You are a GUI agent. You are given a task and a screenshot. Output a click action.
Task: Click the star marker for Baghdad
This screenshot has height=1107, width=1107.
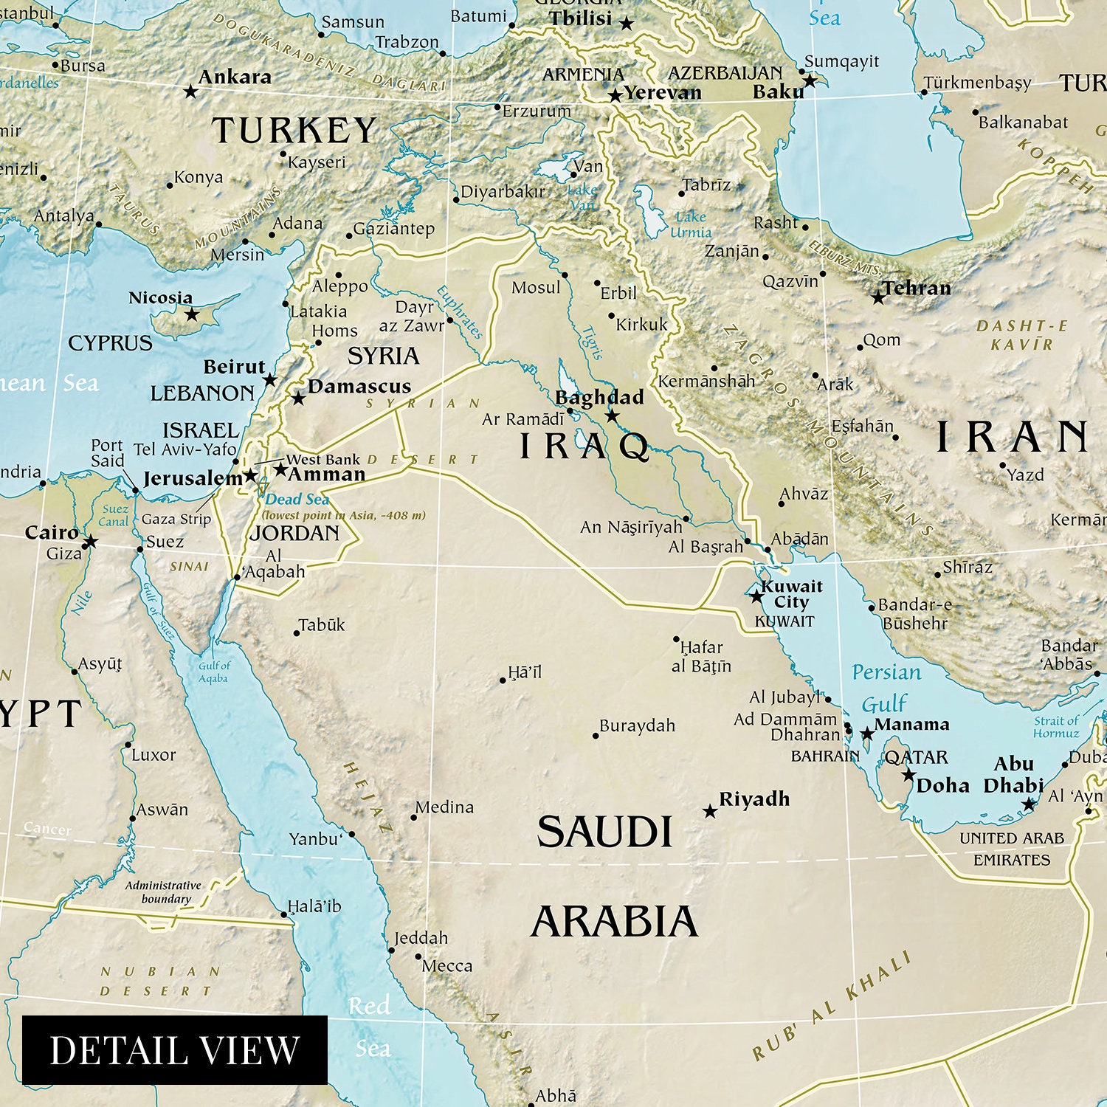pos(612,415)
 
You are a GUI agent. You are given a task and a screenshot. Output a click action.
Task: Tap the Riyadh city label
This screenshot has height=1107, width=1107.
pos(754,799)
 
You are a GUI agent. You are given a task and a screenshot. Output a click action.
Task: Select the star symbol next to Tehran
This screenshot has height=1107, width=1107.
pos(877,298)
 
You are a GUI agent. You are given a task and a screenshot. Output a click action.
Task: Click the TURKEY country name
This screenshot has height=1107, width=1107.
pos(294,131)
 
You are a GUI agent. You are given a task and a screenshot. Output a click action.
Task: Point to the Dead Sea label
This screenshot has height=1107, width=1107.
pos(297,500)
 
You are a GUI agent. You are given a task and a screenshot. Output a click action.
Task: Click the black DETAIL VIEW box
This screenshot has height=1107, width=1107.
pos(175,1049)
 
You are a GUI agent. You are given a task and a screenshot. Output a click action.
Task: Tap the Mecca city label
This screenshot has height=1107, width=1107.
pos(446,965)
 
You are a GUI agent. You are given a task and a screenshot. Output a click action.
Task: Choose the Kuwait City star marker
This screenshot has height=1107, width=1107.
pos(756,596)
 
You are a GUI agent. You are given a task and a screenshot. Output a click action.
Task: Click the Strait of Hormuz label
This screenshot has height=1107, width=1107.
pos(1056,727)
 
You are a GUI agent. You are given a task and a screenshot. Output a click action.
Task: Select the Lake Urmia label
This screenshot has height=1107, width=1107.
pos(691,224)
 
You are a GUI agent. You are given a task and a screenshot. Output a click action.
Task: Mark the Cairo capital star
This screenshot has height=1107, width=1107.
pos(90,542)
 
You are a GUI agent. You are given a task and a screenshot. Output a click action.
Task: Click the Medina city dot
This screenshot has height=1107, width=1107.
pos(413,817)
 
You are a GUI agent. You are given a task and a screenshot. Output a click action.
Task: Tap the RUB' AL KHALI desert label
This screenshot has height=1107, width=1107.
pos(832,1006)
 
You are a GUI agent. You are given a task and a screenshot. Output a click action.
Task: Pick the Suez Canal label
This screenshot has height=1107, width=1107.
pos(114,515)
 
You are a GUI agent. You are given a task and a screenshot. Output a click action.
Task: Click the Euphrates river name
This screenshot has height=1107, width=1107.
pos(459,312)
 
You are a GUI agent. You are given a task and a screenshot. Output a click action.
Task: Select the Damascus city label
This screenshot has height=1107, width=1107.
pos(359,387)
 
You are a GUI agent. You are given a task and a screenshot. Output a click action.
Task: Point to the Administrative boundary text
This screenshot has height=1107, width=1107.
pos(164,892)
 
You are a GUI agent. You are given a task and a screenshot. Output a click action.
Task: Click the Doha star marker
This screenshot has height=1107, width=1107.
pos(908,775)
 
